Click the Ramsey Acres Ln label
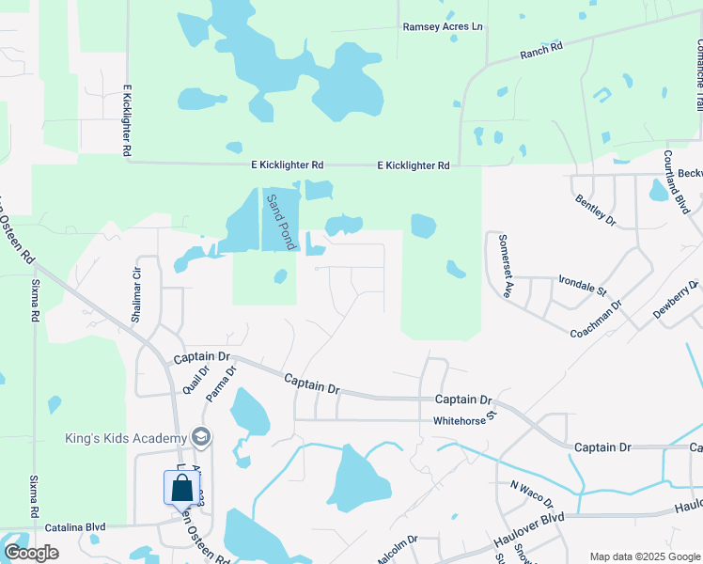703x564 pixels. click(x=443, y=27)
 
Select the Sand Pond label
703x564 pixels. click(x=279, y=222)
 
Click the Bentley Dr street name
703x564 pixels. click(x=594, y=208)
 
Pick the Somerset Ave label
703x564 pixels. click(x=505, y=266)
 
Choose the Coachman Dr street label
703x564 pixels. click(x=596, y=320)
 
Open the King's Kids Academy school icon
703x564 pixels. click(x=200, y=437)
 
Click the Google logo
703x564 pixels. click(x=31, y=553)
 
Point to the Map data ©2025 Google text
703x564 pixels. click(x=644, y=556)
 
